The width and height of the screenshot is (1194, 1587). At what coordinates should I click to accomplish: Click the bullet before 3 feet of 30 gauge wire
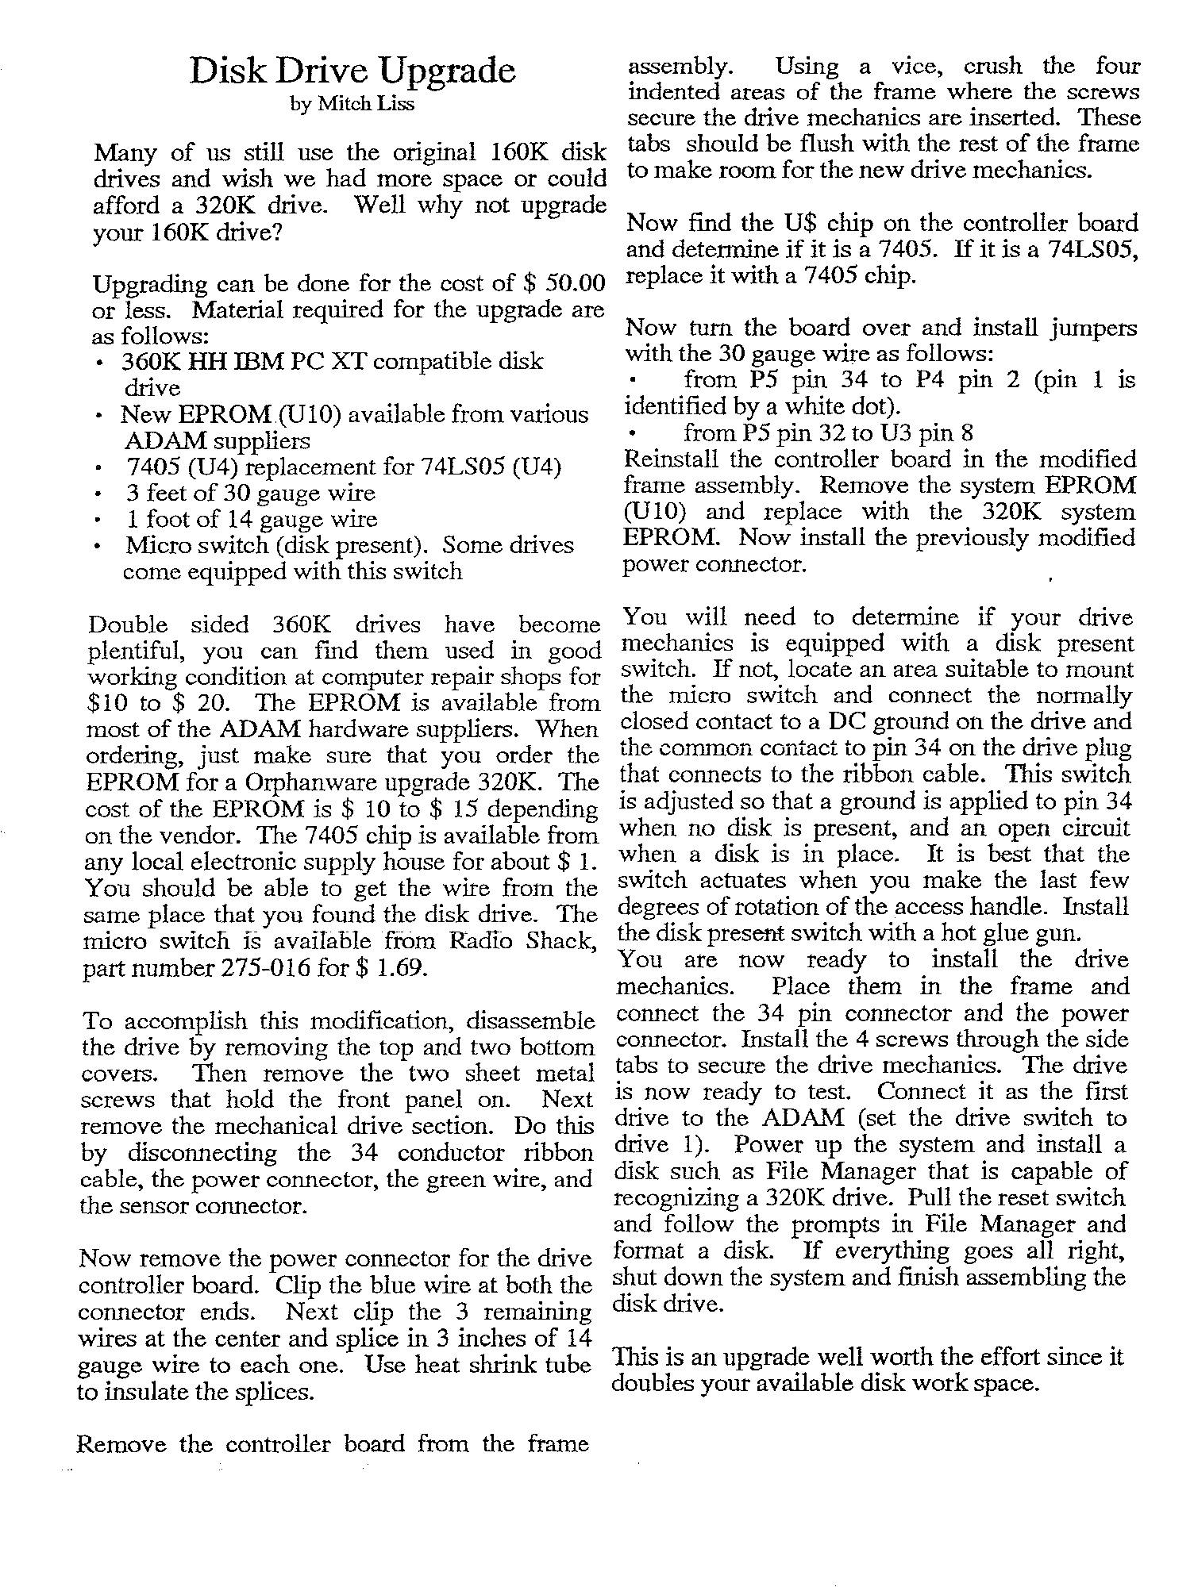97,494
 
